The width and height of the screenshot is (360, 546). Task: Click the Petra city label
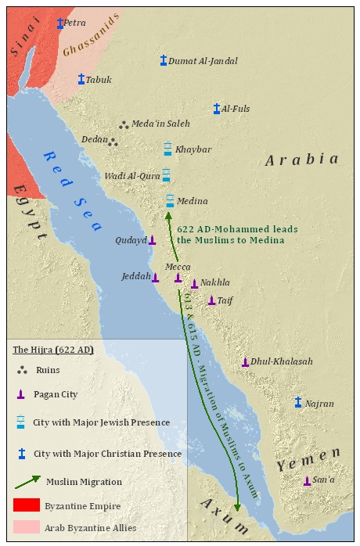click(x=75, y=23)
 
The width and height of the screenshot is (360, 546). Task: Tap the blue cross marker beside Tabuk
click(x=81, y=79)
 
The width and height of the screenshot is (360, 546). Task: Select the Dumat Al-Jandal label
click(x=203, y=61)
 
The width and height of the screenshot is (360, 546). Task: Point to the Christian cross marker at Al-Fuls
click(x=217, y=109)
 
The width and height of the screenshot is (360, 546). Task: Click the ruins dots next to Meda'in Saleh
click(x=123, y=124)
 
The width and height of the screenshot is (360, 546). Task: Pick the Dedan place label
click(x=94, y=140)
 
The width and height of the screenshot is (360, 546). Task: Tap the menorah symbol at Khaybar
click(x=167, y=149)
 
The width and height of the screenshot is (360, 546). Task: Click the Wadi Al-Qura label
click(x=132, y=176)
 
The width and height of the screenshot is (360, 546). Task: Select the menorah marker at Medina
click(x=170, y=200)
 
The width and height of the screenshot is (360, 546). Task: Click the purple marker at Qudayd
click(x=152, y=240)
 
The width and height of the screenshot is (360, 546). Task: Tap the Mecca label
click(x=178, y=266)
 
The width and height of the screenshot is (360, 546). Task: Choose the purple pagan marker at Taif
click(x=211, y=300)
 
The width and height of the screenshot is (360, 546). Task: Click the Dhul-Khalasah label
click(x=282, y=361)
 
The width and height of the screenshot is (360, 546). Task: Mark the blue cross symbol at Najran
click(x=298, y=402)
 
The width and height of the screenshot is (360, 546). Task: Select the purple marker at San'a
click(x=307, y=480)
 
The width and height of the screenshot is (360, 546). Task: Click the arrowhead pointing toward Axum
click(x=237, y=506)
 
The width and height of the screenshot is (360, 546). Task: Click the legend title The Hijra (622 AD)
click(x=54, y=350)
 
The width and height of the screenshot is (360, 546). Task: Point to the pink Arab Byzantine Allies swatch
click(x=26, y=528)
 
